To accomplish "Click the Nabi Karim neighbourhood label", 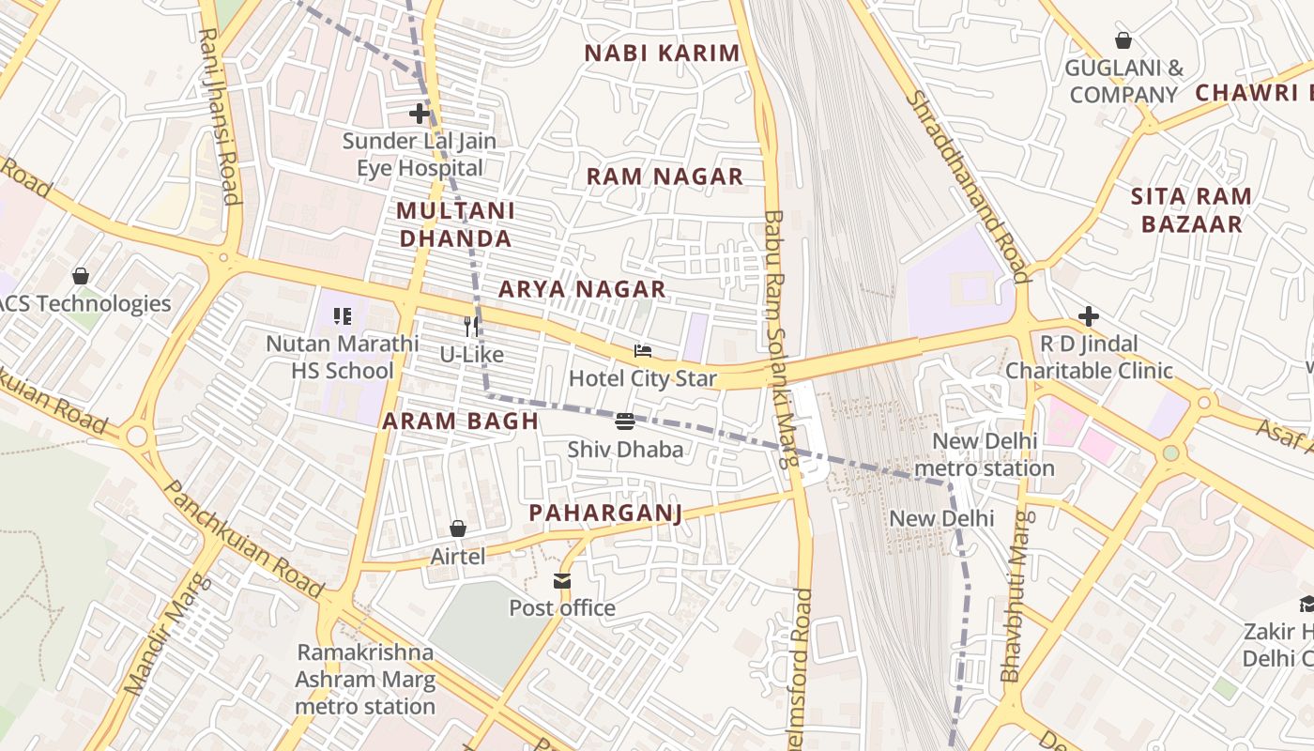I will pyautogui.click(x=663, y=54).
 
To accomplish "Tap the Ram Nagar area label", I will pyautogui.click(x=665, y=176).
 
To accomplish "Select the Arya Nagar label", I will pyautogui.click(x=582, y=289).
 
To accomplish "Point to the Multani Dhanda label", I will pyautogui.click(x=456, y=224).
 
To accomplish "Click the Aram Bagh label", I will pyautogui.click(x=460, y=421).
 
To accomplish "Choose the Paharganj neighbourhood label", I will pyautogui.click(x=605, y=513).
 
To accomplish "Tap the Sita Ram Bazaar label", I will pyautogui.click(x=1190, y=210).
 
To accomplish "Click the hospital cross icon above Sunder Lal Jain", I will pyautogui.click(x=420, y=115).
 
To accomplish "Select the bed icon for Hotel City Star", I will pyautogui.click(x=643, y=352).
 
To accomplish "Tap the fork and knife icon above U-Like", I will pyautogui.click(x=472, y=327).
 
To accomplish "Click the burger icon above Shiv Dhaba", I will pyautogui.click(x=625, y=421).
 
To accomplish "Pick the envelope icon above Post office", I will pyautogui.click(x=562, y=581).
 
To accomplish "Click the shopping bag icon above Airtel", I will pyautogui.click(x=458, y=529).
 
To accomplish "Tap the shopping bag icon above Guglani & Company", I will pyautogui.click(x=1123, y=40).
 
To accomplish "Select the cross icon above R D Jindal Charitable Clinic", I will pyautogui.click(x=1089, y=316).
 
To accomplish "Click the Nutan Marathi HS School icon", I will pyautogui.click(x=342, y=316).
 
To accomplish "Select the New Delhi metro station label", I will pyautogui.click(x=984, y=454).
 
